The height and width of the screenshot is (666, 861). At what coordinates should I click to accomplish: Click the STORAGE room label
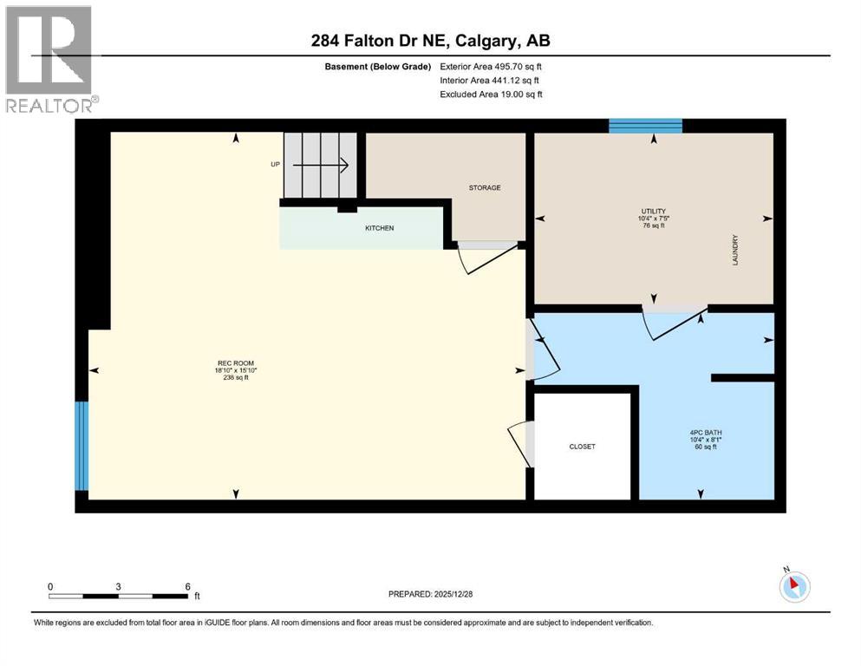tap(485, 187)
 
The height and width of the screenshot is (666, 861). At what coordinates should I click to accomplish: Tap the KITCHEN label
tap(379, 228)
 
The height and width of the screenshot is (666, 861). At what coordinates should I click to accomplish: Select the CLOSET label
tap(582, 447)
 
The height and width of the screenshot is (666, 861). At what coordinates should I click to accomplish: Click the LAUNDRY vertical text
tap(734, 251)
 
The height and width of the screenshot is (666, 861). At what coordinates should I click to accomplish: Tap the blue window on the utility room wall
tap(645, 127)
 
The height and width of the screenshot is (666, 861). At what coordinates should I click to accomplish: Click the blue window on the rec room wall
tap(82, 446)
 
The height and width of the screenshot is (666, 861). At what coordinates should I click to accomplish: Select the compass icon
tap(794, 586)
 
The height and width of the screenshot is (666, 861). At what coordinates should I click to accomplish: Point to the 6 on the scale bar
tap(187, 586)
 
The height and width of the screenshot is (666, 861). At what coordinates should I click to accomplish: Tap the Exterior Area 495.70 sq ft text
tap(492, 66)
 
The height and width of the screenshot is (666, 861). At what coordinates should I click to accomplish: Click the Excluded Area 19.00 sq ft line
tap(492, 95)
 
